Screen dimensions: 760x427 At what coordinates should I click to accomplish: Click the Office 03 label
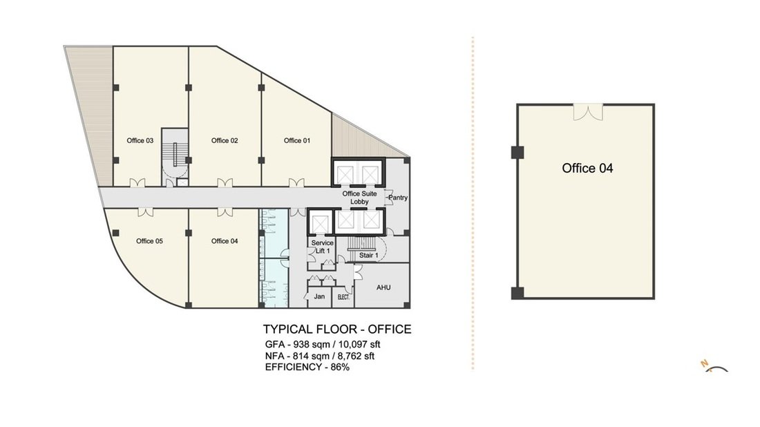point(140,140)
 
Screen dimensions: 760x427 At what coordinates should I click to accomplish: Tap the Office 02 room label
point(225,140)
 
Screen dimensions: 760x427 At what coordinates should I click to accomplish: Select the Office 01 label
point(296,140)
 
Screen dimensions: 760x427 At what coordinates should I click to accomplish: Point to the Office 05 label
point(149,241)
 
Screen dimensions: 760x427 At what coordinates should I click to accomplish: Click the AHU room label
point(383,287)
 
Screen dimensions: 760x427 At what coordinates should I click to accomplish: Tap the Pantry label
point(398,198)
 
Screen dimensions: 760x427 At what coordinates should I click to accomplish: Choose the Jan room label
point(319,296)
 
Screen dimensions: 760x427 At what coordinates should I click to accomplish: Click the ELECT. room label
point(343,297)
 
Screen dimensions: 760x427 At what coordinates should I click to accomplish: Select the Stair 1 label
point(368,255)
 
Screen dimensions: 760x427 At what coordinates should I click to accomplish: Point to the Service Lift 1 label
point(323,247)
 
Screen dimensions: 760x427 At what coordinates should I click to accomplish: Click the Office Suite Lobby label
point(360,198)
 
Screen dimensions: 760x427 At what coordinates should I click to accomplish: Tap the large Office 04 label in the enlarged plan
point(587,168)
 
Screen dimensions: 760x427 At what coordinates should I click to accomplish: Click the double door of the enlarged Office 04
point(588,113)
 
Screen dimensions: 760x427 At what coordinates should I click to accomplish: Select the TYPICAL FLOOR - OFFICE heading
point(337,329)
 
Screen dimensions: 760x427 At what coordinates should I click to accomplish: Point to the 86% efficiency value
point(340,367)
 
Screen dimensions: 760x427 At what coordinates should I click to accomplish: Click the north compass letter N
point(705,363)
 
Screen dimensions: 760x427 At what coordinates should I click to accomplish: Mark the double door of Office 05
point(145,212)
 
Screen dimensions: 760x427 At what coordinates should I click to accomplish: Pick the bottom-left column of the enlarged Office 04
point(517,293)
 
